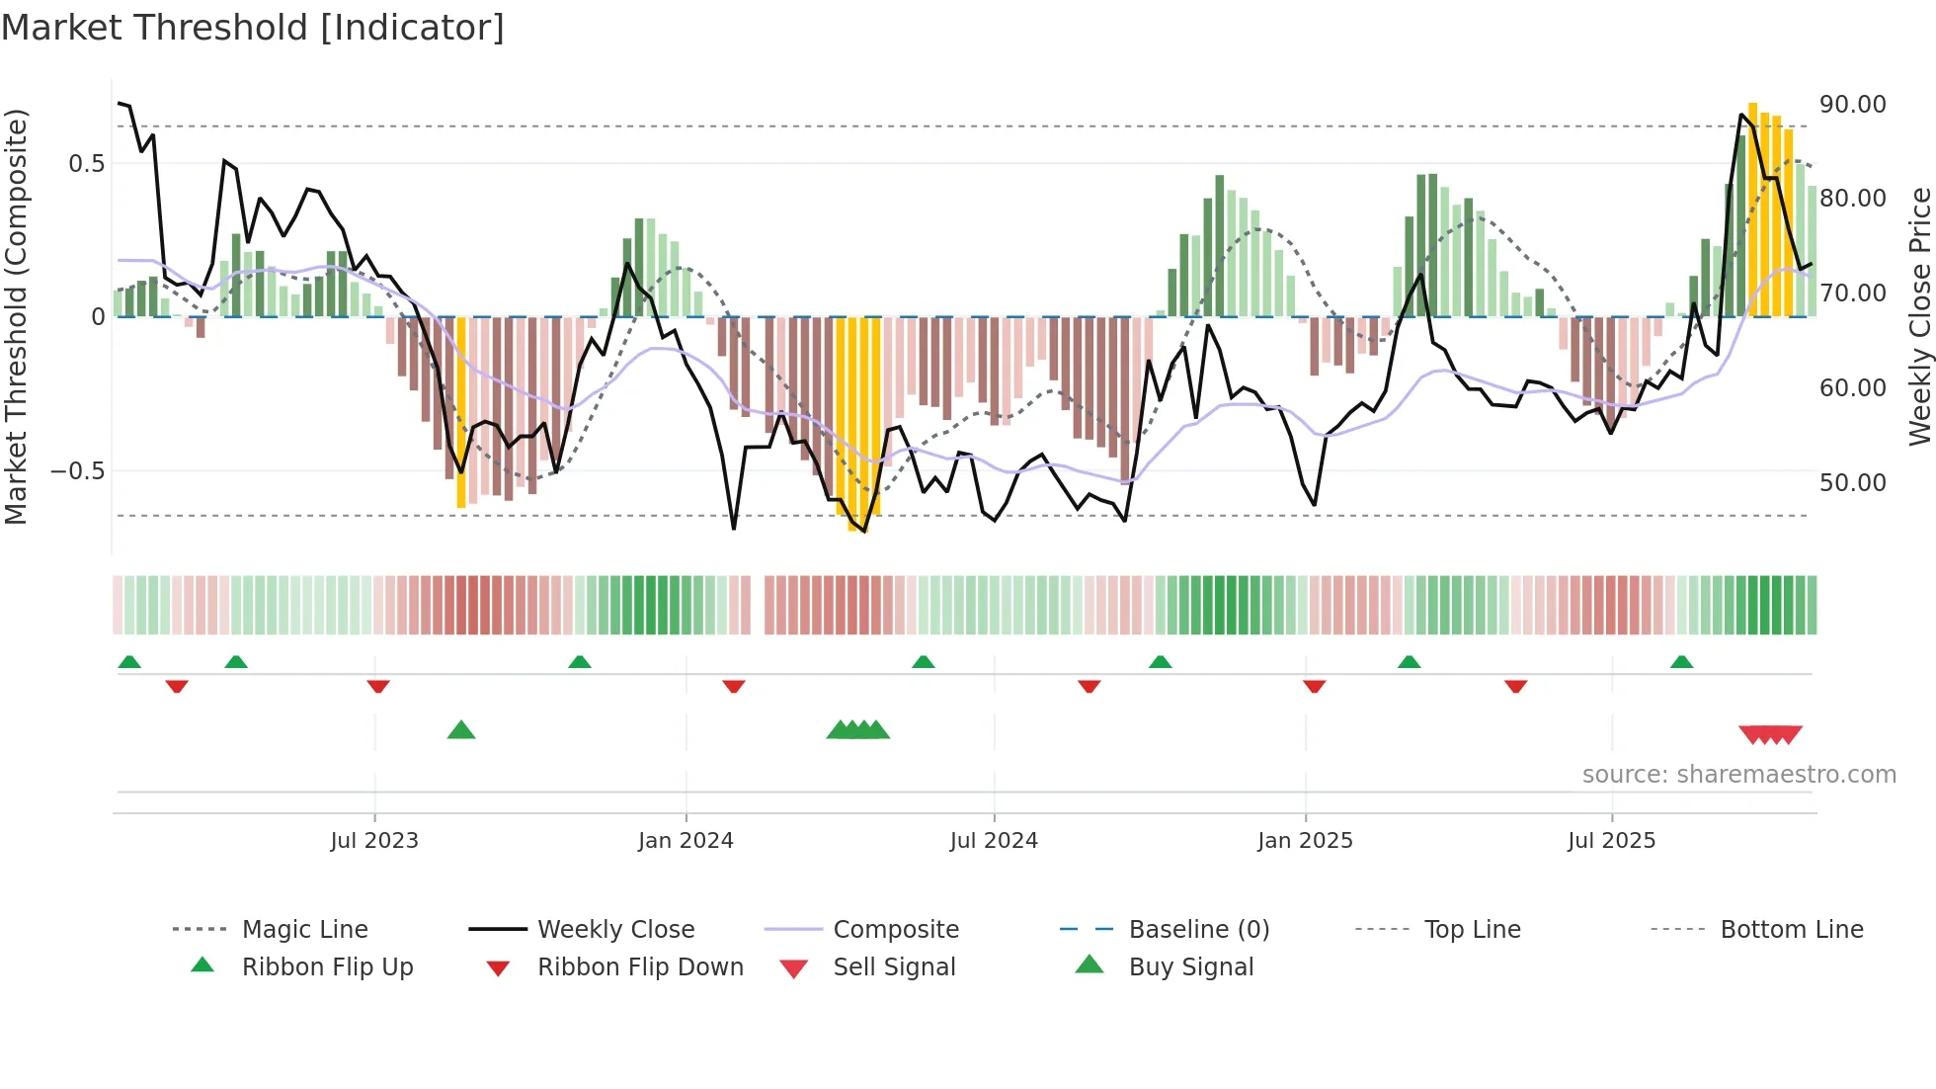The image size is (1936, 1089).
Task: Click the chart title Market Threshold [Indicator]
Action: pos(253,28)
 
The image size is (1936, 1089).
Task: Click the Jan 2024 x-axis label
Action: pos(686,841)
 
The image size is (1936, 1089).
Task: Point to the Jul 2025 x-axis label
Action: pos(1611,841)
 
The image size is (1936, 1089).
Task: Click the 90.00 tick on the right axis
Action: pos(1852,105)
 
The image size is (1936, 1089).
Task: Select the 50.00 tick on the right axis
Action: pos(1852,483)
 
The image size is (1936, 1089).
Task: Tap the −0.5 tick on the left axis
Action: pos(78,471)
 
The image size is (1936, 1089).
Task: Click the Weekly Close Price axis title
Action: pos(1919,316)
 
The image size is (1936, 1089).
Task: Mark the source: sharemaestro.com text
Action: pos(1738,775)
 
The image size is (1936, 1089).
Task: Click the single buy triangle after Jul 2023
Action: pos(461,730)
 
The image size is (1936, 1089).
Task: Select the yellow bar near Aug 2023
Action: pos(461,411)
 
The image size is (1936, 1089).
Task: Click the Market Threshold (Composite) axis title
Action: pos(16,316)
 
